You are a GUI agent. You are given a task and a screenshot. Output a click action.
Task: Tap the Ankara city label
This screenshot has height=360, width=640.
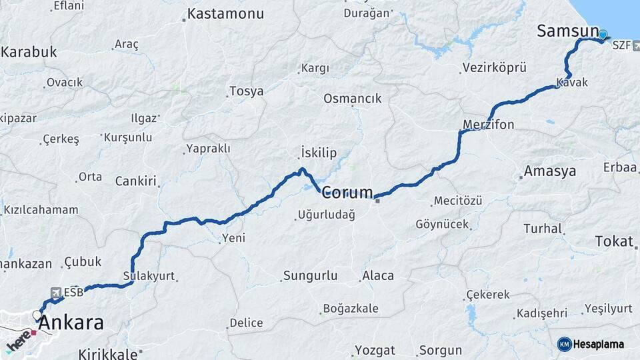click(x=71, y=323)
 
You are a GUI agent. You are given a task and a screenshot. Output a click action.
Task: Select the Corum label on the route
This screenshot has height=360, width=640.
click(x=347, y=193)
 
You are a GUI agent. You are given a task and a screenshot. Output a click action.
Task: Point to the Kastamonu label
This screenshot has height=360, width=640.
click(x=225, y=13)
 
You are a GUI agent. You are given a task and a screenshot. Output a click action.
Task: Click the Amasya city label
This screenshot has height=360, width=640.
click(x=549, y=171)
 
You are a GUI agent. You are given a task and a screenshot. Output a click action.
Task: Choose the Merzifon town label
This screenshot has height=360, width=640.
click(x=489, y=125)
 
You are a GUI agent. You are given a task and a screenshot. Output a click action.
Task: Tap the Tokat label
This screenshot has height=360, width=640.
click(x=613, y=241)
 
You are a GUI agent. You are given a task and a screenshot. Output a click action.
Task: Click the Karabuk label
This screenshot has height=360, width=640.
click(x=29, y=52)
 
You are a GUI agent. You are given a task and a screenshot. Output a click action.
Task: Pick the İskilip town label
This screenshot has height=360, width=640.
click(x=319, y=153)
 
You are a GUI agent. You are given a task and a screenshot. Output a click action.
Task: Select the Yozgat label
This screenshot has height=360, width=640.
click(x=374, y=350)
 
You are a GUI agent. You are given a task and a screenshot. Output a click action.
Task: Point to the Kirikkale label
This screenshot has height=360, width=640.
click(x=107, y=354)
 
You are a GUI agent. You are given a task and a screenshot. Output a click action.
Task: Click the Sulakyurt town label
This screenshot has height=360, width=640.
click(x=149, y=275)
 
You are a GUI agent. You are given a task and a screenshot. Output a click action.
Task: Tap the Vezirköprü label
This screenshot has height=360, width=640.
click(x=493, y=68)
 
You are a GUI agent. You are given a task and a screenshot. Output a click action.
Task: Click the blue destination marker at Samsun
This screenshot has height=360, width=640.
click(x=603, y=35)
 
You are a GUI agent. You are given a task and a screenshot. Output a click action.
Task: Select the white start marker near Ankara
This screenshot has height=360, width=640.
click(x=37, y=315)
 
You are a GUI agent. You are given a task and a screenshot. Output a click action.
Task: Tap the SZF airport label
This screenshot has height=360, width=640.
click(x=621, y=45)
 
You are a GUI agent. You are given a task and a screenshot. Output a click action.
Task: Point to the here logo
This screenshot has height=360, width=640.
click(x=19, y=339)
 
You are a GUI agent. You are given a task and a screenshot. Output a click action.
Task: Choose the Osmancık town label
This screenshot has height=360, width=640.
click(x=352, y=98)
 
